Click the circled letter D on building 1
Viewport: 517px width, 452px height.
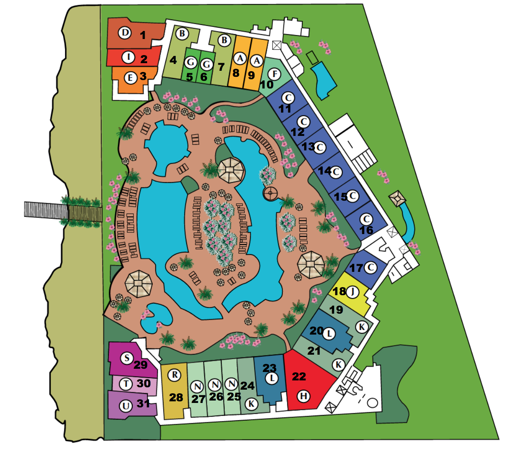125,33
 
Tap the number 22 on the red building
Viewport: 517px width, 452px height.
299,376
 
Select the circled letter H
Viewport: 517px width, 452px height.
304,397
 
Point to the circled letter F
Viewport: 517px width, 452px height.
275,74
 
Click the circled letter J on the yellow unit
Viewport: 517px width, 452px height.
352,292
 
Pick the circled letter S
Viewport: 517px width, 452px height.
127,358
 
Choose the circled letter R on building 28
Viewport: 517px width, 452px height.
174,375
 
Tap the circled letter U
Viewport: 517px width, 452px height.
126,406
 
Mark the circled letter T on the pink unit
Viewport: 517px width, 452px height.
126,384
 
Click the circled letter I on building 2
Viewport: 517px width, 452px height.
128,57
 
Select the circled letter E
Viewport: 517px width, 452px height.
130,78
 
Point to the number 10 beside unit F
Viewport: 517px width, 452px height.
267,84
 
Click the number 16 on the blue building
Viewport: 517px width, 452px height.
366,230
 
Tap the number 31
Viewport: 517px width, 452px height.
143,403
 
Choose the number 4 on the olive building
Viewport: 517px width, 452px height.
173,60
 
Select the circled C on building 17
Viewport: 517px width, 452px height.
371,267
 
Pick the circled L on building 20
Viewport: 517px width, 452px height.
329,333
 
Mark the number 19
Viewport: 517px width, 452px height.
336,310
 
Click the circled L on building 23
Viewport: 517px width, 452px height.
272,378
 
